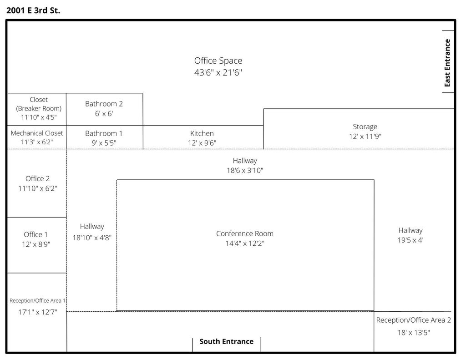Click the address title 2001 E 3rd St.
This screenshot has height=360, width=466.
33,10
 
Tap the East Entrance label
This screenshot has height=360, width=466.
447,63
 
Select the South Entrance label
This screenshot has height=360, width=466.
227,341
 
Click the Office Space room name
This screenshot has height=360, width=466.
218,61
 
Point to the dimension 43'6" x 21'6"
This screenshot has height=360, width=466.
218,72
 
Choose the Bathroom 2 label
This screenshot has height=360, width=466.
104,104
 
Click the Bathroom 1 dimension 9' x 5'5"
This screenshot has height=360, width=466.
104,143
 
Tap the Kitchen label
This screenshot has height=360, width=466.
202,133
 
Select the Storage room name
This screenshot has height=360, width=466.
365,127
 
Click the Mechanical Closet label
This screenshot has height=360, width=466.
37,133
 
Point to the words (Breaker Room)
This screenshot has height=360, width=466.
39,108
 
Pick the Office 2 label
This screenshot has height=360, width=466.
37,178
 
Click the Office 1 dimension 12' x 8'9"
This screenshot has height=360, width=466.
36,244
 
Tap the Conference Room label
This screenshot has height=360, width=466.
244,233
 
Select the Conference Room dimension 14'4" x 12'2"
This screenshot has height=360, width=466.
244,243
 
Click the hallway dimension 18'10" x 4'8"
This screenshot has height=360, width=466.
92,238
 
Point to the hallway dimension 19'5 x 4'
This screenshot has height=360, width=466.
410,240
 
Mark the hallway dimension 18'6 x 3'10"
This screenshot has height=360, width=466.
245,170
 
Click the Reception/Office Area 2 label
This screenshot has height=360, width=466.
413,320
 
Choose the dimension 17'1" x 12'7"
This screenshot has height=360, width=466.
37,312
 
